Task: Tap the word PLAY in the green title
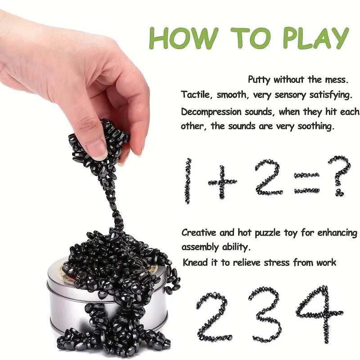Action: (316, 38)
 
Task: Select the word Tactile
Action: (195, 94)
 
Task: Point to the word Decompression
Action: (211, 112)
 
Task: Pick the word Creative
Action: (199, 233)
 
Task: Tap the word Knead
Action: (195, 262)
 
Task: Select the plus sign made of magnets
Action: (222, 182)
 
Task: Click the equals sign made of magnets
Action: (307, 183)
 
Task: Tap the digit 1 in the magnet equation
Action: (188, 181)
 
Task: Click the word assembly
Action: (199, 247)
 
